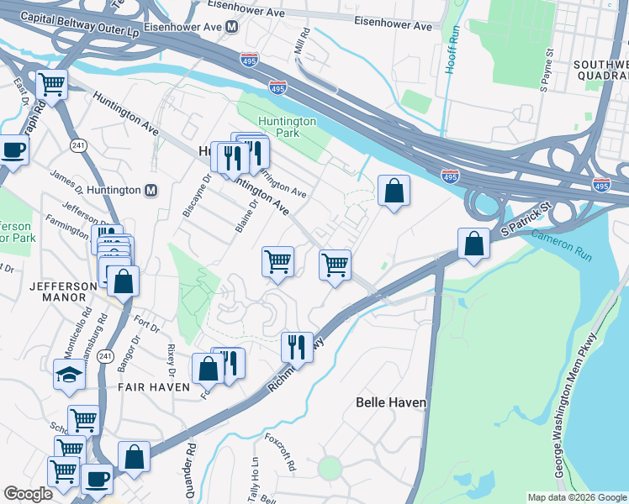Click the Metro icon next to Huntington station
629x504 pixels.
151,190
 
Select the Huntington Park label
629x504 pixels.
287,127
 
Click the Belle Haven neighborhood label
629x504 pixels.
391,402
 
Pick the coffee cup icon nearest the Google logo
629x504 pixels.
97,479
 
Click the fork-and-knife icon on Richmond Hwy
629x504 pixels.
296,345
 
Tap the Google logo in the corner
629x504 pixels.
28,494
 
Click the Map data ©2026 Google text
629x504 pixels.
576,497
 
